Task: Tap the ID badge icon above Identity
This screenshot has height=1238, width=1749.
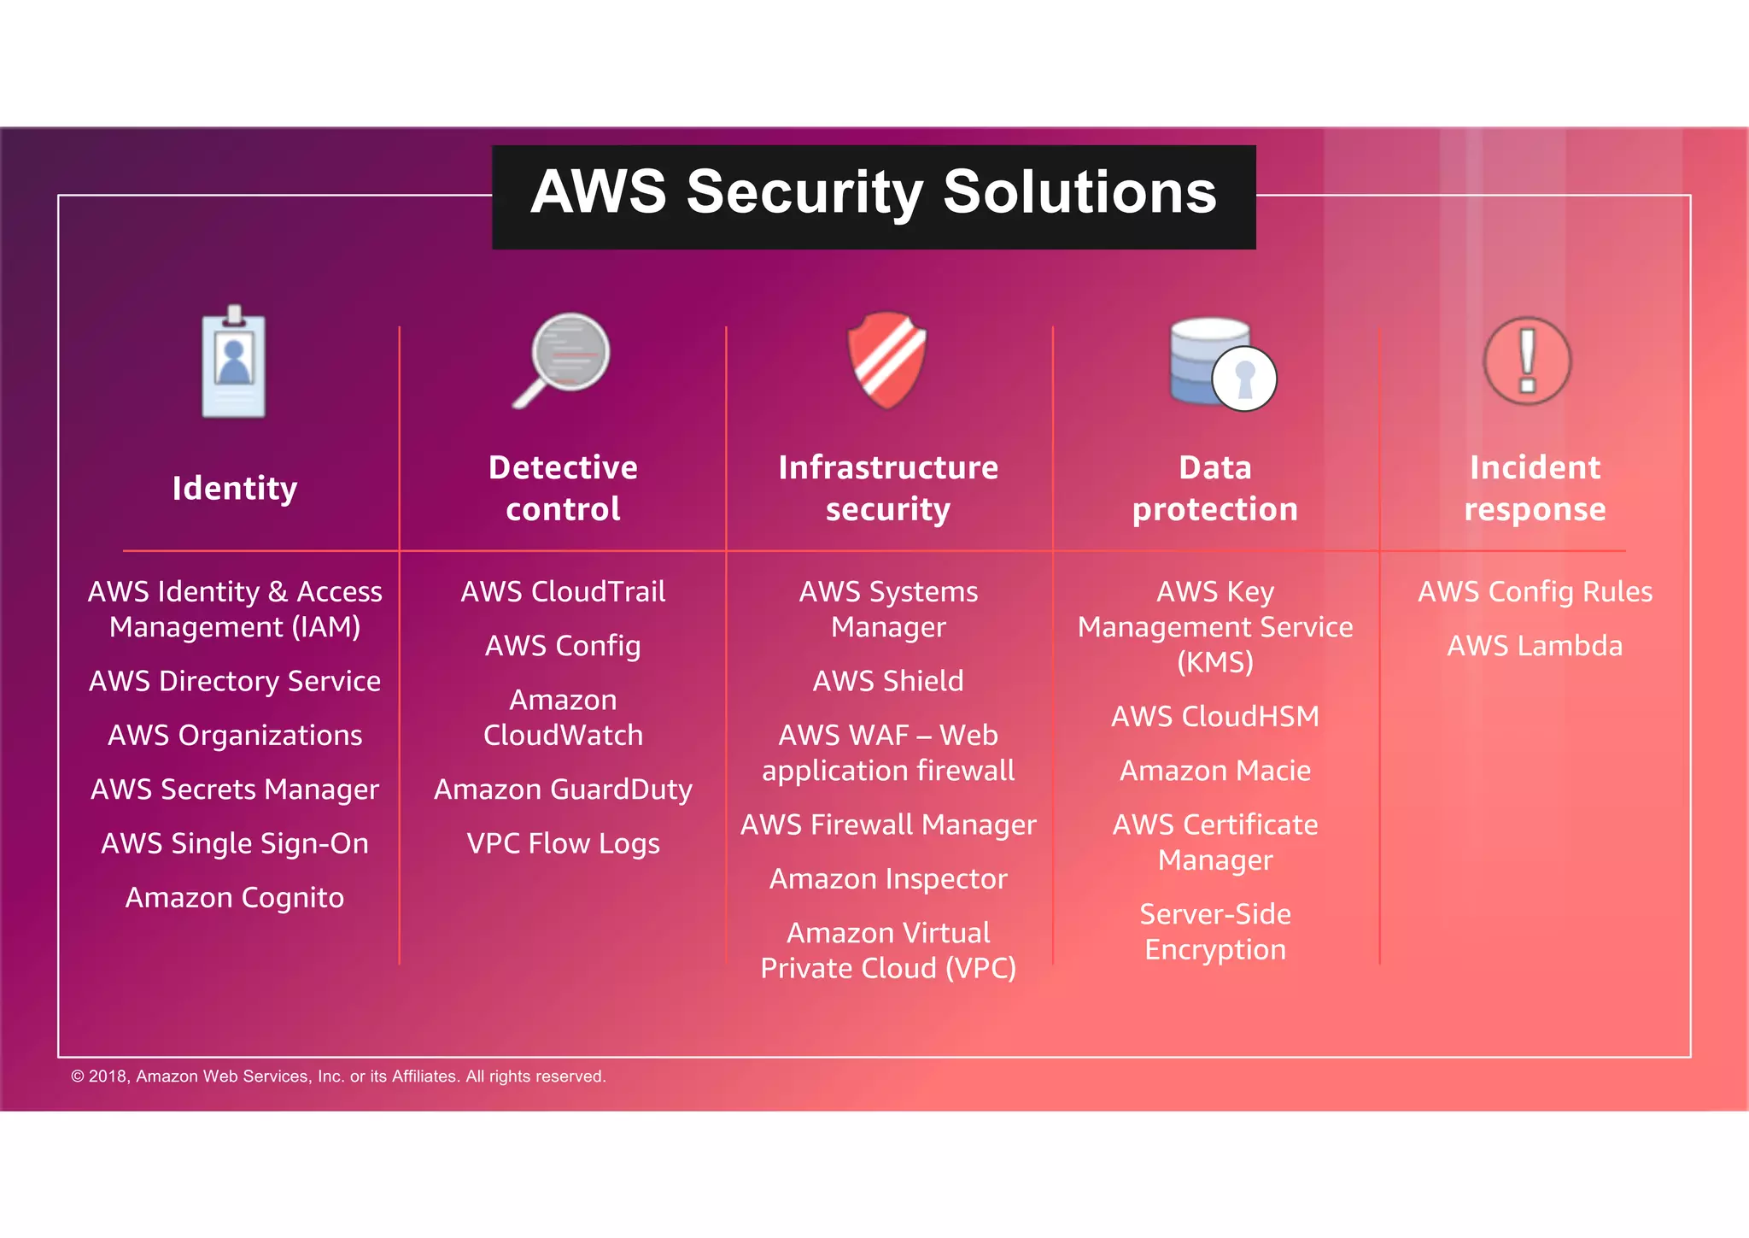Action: tap(233, 364)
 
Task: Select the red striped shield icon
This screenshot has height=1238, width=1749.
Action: tap(887, 359)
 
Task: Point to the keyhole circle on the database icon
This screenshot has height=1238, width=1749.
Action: tap(1244, 378)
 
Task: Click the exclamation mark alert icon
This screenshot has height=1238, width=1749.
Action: tap(1527, 361)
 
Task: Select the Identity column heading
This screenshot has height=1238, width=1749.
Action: tap(235, 488)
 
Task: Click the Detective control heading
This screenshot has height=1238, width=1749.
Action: tap(563, 488)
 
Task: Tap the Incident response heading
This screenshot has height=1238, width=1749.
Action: tap(1535, 488)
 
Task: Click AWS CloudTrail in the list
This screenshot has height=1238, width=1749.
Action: tap(563, 591)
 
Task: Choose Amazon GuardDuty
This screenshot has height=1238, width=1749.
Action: tap(563, 789)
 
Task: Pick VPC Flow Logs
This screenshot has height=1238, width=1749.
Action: tap(563, 843)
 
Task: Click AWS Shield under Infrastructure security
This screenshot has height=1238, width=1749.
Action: tap(888, 681)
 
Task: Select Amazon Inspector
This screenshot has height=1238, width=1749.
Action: tap(888, 879)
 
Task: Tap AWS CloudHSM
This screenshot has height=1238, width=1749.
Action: tap(1214, 716)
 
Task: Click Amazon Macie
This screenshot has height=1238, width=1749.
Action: tap(1214, 771)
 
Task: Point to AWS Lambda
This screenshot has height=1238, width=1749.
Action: tap(1535, 646)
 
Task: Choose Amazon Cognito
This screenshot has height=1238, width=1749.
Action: tap(235, 898)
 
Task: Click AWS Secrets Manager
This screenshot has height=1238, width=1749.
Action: tap(235, 789)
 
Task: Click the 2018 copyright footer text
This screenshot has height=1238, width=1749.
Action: tap(338, 1077)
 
